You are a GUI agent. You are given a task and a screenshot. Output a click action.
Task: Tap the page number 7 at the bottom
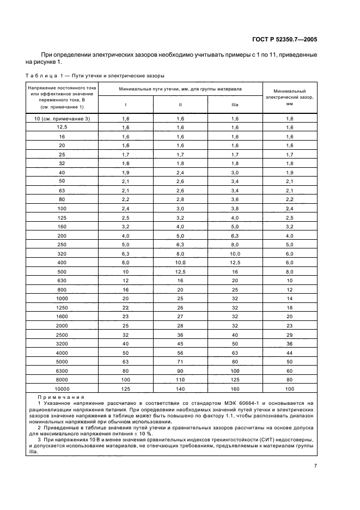(x=315, y=465)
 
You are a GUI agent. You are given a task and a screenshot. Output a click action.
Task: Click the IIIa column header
(x=235, y=105)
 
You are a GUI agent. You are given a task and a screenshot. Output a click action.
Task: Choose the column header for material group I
(x=126, y=105)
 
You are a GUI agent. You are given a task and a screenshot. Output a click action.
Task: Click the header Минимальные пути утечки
(x=180, y=88)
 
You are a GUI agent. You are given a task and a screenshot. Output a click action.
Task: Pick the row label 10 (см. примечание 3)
(x=62, y=118)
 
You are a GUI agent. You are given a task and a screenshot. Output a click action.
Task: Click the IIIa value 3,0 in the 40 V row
(x=235, y=173)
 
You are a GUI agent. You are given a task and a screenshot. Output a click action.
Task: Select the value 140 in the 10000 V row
(x=180, y=388)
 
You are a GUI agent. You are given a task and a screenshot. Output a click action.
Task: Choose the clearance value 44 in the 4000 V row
(x=289, y=353)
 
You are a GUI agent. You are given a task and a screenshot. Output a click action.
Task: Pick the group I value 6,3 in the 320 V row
(x=126, y=254)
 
